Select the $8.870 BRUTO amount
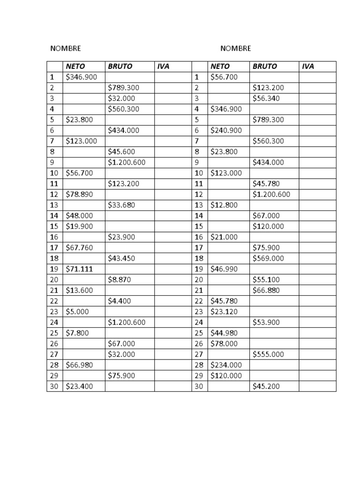120,280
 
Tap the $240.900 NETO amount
226,130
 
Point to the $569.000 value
268,258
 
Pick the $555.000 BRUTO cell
268,354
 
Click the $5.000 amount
77,312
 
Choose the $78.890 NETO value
80,195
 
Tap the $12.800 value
224,205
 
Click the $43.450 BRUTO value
121,258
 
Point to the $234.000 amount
226,365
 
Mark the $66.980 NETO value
80,365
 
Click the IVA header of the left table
163,67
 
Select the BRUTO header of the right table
264,67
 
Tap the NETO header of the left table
75,67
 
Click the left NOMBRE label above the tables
66,49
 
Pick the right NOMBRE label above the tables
236,49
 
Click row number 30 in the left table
53,386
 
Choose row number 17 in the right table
199,247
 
